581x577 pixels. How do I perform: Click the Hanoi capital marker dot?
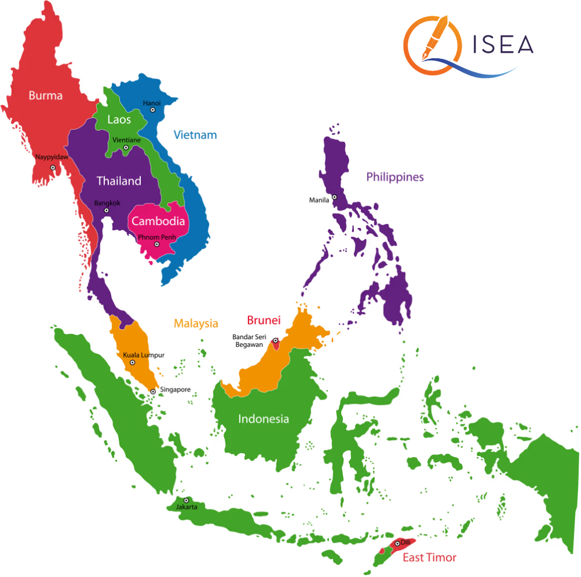tap(153, 109)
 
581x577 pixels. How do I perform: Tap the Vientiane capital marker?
tap(126, 148)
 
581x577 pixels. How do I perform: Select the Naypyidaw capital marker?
tap(52, 168)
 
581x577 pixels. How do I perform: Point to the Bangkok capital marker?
tap(106, 211)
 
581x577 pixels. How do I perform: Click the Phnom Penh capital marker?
tap(156, 244)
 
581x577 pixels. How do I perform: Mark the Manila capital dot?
tap(334, 197)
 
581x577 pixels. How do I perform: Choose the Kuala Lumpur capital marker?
tap(132, 362)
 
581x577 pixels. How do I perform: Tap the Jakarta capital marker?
tap(186, 500)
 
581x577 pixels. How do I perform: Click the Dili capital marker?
tap(398, 544)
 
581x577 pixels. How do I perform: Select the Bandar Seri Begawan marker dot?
tap(275, 341)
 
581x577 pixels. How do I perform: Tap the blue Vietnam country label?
tap(195, 135)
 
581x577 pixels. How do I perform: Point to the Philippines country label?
tap(395, 177)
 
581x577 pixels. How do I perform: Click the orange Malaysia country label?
tap(196, 323)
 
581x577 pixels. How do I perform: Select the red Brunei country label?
tap(264, 320)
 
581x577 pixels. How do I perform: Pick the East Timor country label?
tap(430, 558)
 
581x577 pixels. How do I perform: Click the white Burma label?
tap(45, 95)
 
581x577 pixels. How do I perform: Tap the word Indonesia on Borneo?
tap(263, 419)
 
